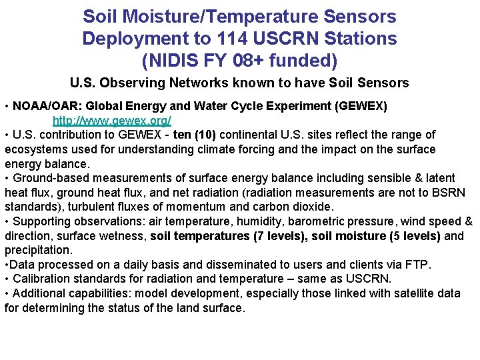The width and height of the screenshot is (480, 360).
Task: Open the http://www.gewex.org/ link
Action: tap(112, 121)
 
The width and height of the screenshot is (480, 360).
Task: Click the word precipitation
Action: tap(37, 250)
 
